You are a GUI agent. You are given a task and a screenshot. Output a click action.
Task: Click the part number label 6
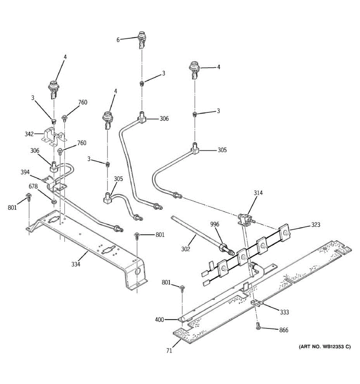[118, 40]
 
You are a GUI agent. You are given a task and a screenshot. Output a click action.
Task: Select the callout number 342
[29, 134]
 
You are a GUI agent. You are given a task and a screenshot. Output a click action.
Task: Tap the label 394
[25, 172]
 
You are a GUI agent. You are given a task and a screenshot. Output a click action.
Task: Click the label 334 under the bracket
[76, 264]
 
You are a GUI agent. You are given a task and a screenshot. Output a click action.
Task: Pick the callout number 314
[258, 193]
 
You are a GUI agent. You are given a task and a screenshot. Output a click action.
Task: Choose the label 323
[316, 225]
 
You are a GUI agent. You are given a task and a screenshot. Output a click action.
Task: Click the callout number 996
[215, 224]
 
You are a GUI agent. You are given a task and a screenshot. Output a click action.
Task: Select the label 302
[185, 248]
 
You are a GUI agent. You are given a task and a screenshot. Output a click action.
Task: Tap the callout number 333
[284, 312]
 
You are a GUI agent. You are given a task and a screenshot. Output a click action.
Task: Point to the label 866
[284, 330]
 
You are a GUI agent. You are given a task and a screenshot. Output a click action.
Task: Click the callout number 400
[159, 319]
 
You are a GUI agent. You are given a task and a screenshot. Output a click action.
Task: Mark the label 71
[169, 351]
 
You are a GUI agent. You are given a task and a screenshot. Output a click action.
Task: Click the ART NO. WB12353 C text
[324, 347]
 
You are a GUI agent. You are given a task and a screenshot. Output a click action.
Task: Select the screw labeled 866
[258, 326]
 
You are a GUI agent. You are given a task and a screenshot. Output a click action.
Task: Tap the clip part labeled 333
[257, 302]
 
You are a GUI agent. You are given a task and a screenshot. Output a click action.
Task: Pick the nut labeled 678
[54, 202]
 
